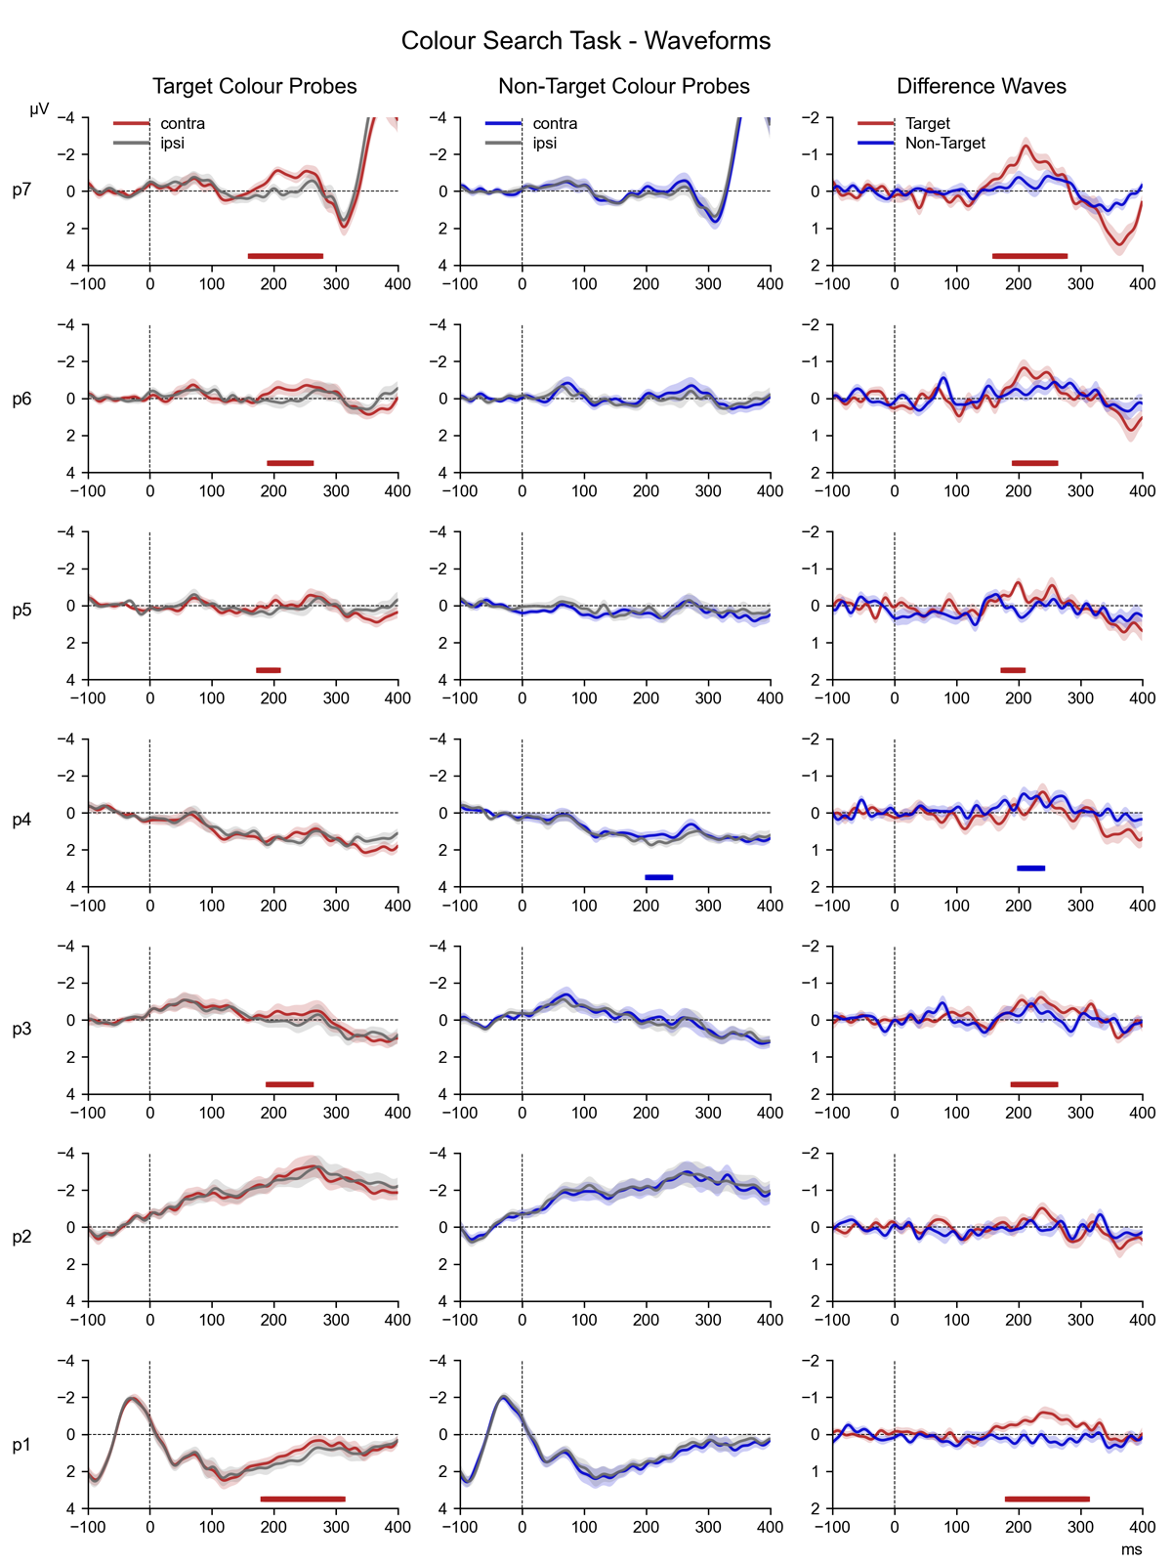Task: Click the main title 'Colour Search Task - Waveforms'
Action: coord(586,41)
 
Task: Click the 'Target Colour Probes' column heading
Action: coord(255,86)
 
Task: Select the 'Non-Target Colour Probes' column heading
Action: coord(624,86)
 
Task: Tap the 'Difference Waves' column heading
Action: coord(982,86)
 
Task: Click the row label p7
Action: coord(22,190)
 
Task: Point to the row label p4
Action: coord(22,820)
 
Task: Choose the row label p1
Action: coord(22,1445)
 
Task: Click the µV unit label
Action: coord(39,110)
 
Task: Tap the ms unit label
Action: coord(1131,1549)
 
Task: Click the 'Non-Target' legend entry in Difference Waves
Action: coord(945,144)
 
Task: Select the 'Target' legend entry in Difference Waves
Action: coord(928,124)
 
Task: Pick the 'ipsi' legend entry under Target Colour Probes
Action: coord(172,144)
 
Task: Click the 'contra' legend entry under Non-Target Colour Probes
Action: coord(555,124)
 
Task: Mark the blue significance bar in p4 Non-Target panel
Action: coord(659,877)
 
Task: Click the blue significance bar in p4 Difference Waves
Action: coord(1031,867)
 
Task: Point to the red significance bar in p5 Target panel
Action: coord(269,670)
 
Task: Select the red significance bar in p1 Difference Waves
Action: coord(1047,1499)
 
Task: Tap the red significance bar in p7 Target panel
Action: coord(285,256)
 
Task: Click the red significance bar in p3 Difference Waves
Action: coord(1034,1084)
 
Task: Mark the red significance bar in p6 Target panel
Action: coord(290,463)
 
